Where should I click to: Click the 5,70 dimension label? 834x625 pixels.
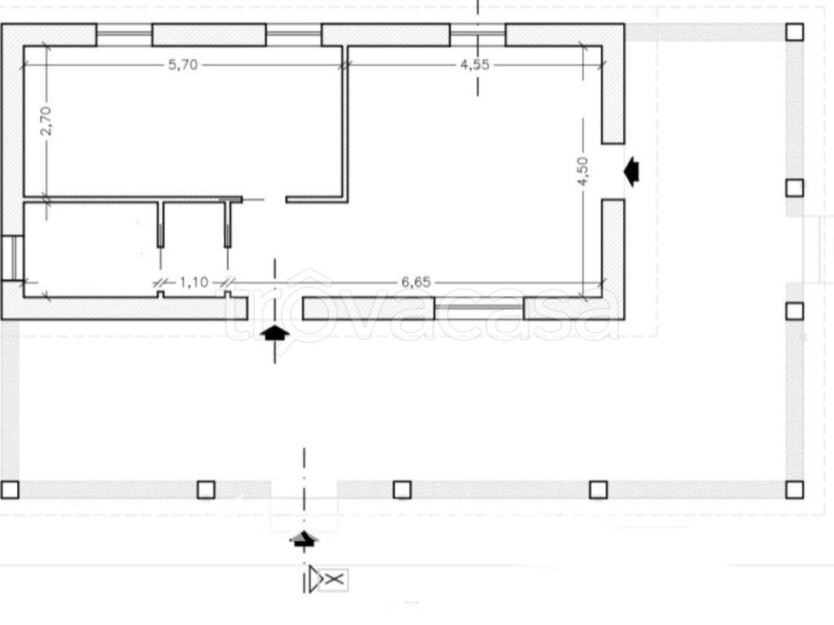click(183, 65)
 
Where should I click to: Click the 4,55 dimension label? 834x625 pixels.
click(475, 64)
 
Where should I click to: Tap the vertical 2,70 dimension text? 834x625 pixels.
click(46, 120)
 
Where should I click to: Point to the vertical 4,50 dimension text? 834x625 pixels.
click(583, 171)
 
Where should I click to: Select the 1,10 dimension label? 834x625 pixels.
click(194, 282)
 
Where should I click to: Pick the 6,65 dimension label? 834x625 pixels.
click(416, 282)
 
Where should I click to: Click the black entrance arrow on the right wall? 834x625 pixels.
click(631, 172)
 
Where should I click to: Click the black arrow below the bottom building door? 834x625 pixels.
click(274, 334)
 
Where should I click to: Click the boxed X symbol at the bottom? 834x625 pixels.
click(334, 579)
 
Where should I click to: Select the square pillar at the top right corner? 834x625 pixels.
click(795, 32)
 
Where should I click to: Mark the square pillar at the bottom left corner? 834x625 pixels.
click(10, 489)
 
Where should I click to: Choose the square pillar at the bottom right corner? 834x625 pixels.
click(795, 489)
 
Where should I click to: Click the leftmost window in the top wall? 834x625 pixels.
click(125, 34)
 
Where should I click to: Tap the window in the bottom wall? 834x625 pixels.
click(479, 308)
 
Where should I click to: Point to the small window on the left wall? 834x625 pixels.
click(12, 258)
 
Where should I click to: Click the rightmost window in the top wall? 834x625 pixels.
click(477, 34)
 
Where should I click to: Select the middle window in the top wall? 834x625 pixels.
click(293, 34)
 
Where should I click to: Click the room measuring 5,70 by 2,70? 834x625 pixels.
click(182, 121)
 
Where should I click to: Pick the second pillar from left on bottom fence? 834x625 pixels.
click(206, 489)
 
